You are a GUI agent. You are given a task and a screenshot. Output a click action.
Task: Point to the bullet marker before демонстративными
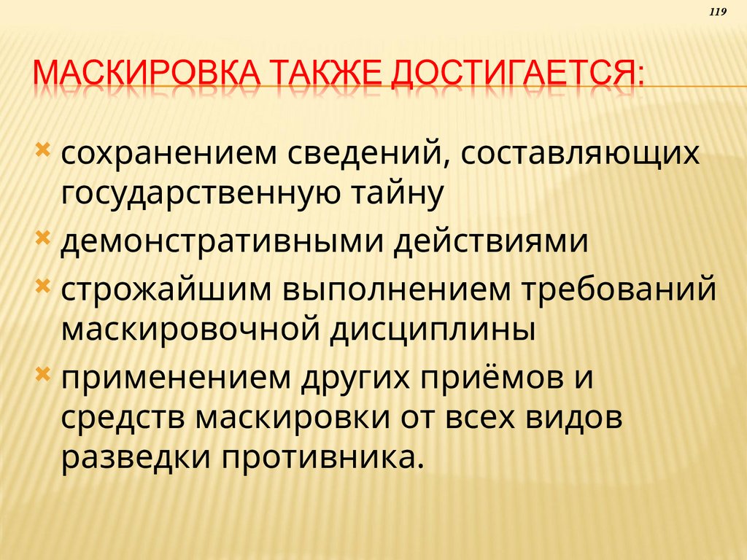click(x=43, y=238)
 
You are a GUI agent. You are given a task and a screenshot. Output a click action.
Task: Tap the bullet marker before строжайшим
click(x=43, y=287)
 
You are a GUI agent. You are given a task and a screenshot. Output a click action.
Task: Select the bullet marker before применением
click(x=43, y=373)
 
